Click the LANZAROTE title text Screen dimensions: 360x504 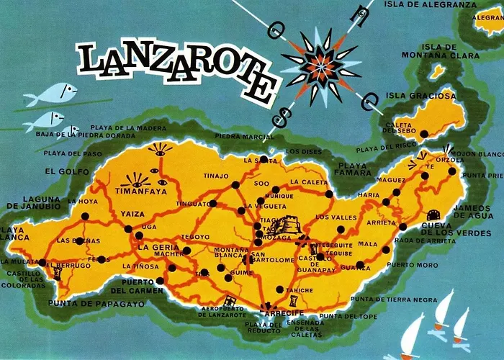pos(177,69)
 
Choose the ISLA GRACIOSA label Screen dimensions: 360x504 pos(430,95)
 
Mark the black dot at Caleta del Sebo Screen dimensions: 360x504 pos(424,133)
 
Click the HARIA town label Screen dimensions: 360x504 pos(369,194)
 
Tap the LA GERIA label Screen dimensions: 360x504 pos(154,248)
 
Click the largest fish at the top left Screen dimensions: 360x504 pos(55,93)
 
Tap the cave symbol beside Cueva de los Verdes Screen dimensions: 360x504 pos(433,215)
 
